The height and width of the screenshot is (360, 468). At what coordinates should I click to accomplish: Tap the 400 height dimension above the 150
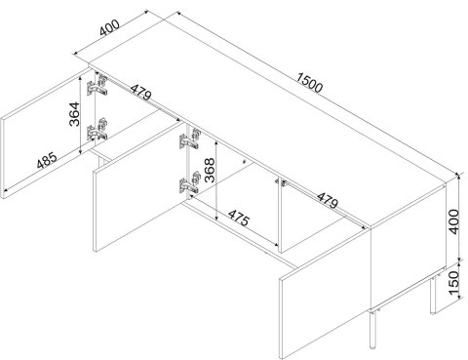tap(453, 222)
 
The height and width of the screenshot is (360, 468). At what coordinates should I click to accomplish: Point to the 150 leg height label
tap(453, 286)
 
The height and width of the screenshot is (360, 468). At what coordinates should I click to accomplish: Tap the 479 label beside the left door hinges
tap(140, 96)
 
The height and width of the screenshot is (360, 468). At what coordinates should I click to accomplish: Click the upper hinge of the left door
tap(97, 87)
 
